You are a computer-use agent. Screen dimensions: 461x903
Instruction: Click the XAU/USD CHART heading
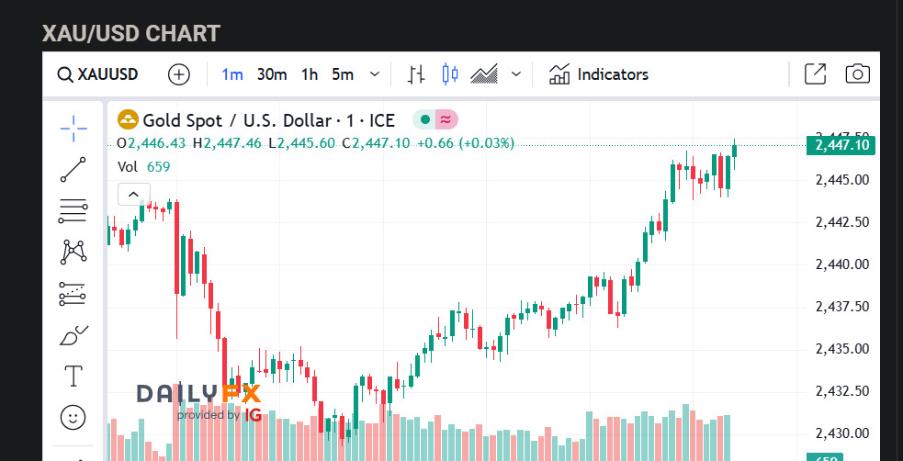(131, 34)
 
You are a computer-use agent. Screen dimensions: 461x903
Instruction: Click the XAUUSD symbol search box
(97, 74)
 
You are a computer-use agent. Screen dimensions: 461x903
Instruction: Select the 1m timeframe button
(231, 74)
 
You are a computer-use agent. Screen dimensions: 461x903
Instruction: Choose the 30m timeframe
(272, 74)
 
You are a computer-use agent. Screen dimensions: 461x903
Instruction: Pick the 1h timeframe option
(310, 74)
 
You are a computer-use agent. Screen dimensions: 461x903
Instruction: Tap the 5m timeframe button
(343, 74)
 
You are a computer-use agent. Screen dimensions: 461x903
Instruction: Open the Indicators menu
(599, 74)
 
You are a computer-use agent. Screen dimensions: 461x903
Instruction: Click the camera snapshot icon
(857, 74)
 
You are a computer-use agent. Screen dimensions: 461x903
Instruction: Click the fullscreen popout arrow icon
(815, 74)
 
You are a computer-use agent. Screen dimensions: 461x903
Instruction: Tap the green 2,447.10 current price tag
(840, 145)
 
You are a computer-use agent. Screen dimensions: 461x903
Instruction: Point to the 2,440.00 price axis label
(842, 264)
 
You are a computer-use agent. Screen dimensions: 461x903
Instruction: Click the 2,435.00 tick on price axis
(842, 349)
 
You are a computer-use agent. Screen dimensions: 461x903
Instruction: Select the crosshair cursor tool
(73, 129)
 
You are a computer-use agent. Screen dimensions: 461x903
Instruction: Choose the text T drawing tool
(73, 376)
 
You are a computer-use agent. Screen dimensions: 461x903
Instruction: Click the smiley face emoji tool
(73, 417)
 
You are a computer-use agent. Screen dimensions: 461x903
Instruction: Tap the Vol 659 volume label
(144, 166)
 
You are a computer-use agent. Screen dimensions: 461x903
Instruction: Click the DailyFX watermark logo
(199, 399)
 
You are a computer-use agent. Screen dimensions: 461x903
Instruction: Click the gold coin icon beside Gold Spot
(128, 120)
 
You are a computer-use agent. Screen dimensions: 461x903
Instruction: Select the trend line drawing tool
(73, 170)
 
